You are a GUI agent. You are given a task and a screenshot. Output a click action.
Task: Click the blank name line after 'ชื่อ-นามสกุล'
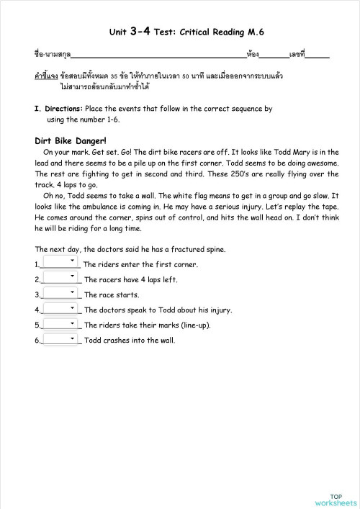tap(158, 55)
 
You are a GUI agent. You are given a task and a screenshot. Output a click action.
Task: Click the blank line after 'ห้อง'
tap(274, 55)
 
